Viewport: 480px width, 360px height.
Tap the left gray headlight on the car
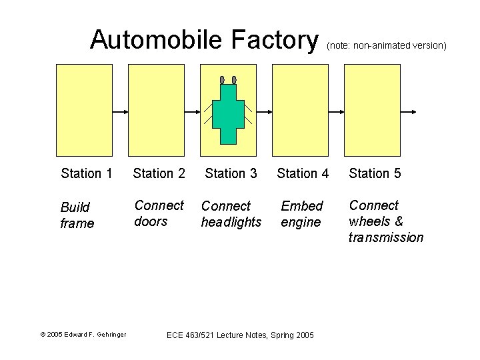[x=222, y=80]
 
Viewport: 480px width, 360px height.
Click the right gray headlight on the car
[x=234, y=80]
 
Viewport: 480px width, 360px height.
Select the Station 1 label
[x=86, y=173]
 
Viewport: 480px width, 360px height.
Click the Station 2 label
[x=159, y=173]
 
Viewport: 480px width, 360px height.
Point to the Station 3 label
[x=231, y=173]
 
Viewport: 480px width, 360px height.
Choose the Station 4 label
[x=303, y=173]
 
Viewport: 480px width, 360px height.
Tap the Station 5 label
[x=375, y=173]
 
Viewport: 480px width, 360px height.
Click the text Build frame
[x=77, y=215]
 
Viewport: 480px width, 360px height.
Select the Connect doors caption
[x=159, y=213]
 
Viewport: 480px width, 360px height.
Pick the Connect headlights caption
[x=231, y=214]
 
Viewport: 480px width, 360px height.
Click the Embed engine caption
[x=301, y=214]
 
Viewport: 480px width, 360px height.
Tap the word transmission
[x=385, y=237]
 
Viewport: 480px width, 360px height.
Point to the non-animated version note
[x=386, y=45]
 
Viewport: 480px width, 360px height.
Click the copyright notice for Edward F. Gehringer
[x=83, y=334]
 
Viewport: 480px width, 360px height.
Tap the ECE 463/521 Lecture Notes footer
[x=240, y=334]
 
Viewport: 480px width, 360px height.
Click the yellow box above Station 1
[x=84, y=110]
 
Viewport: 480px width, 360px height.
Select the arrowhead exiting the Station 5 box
[x=415, y=111]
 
